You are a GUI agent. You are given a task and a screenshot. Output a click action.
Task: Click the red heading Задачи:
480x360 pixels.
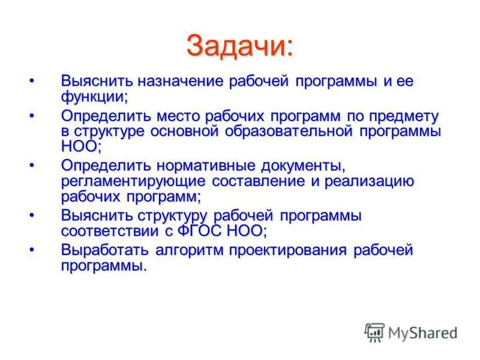point(240,46)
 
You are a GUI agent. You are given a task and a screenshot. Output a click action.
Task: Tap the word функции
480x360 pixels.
point(93,97)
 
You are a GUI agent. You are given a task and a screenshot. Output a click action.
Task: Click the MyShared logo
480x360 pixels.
point(410,332)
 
